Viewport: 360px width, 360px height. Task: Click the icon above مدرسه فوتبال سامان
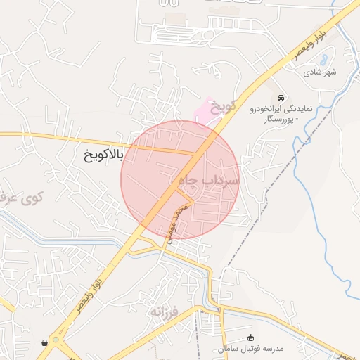pyautogui.click(x=252, y=338)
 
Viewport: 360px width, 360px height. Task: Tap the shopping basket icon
pyautogui.click(x=45, y=343)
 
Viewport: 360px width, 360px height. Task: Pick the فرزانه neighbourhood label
pyautogui.click(x=165, y=309)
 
